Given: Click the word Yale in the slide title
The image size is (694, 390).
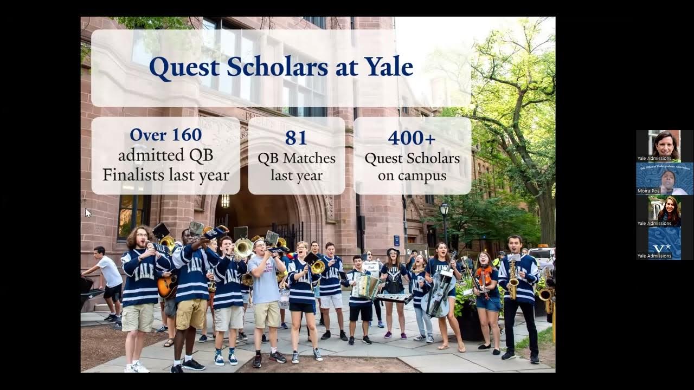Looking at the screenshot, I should pos(388,67).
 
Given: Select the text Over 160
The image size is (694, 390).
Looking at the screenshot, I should pos(165,134).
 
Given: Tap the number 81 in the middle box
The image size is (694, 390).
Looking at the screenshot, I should pos(296,138).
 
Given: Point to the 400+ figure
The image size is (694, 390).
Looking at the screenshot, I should pos(412,138).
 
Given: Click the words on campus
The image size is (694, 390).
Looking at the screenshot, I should pos(412,176).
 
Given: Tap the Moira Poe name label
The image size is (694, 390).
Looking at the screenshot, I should pos(648,191).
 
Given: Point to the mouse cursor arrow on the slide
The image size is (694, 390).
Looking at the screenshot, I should pos(88,212).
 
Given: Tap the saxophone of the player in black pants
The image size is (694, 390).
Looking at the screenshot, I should pos(513,281).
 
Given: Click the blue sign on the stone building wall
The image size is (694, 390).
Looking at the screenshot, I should pos(397,240).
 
